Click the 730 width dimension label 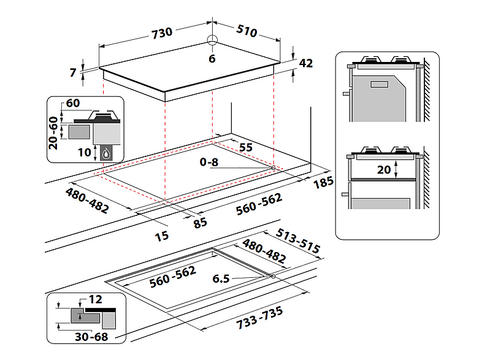162,33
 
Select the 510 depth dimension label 247,31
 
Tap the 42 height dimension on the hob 306,63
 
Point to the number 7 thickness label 73,72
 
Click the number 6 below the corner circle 212,59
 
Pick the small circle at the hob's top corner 212,40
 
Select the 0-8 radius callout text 209,162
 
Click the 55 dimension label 246,148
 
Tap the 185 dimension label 323,182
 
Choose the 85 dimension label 200,223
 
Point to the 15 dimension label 162,236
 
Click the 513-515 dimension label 297,241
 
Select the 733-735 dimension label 260,318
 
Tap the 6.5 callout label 221,278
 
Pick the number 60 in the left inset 73,103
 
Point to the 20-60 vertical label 53,133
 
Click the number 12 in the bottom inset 95,299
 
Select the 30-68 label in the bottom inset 91,337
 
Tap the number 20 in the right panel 384,169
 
